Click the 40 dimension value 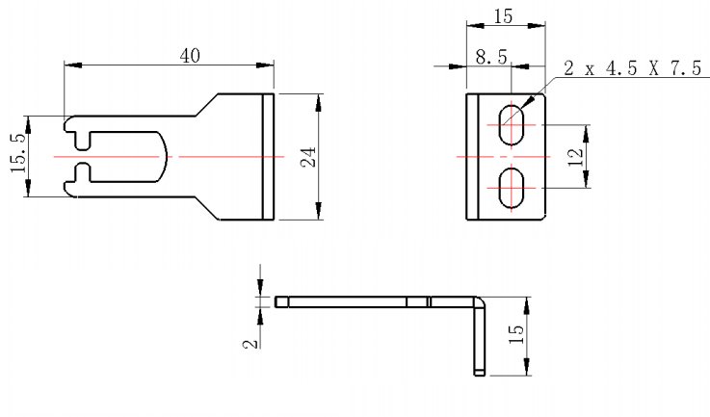pyautogui.click(x=190, y=55)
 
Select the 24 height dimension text pyautogui.click(x=309, y=156)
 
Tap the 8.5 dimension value pyautogui.click(x=491, y=58)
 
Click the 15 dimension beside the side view pyautogui.click(x=516, y=335)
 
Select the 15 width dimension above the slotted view pyautogui.click(x=501, y=17)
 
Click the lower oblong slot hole pyautogui.click(x=513, y=187)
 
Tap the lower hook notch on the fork pyautogui.click(x=83, y=172)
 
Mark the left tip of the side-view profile pyautogui.click(x=277, y=301)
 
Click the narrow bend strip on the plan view pyautogui.click(x=270, y=156)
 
